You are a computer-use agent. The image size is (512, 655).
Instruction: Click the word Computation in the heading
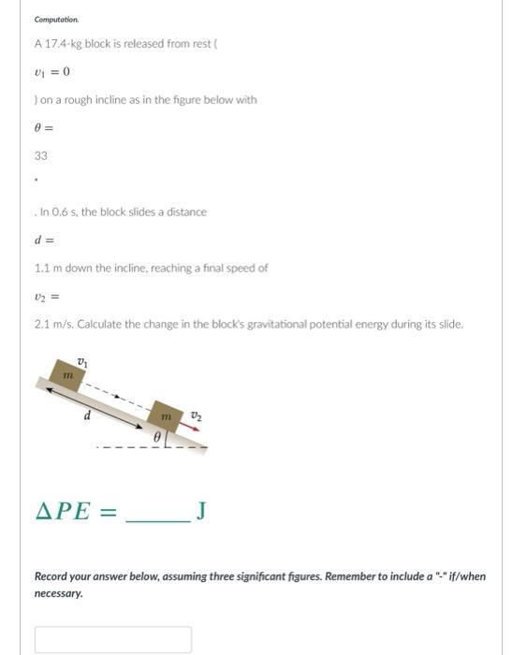click(57, 19)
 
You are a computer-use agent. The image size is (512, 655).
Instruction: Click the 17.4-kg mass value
click(64, 43)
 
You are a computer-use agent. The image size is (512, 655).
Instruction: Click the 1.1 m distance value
click(48, 268)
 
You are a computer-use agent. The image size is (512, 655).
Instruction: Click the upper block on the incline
click(68, 375)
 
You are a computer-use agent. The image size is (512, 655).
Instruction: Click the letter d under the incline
click(87, 415)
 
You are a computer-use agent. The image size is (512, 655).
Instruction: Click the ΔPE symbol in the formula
click(64, 511)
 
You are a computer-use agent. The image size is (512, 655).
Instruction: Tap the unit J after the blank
click(201, 511)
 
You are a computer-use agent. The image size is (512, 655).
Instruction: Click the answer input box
click(113, 640)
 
